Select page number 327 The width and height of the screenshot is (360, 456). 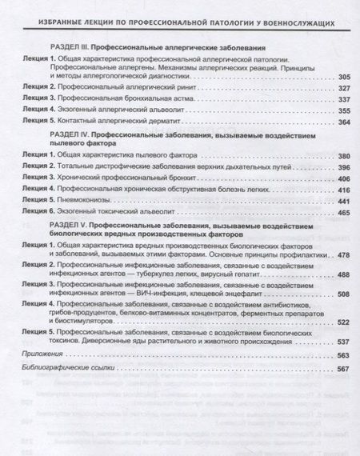[343, 88]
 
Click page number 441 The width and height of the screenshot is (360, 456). [343, 202]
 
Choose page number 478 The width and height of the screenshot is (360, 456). [343, 254]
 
